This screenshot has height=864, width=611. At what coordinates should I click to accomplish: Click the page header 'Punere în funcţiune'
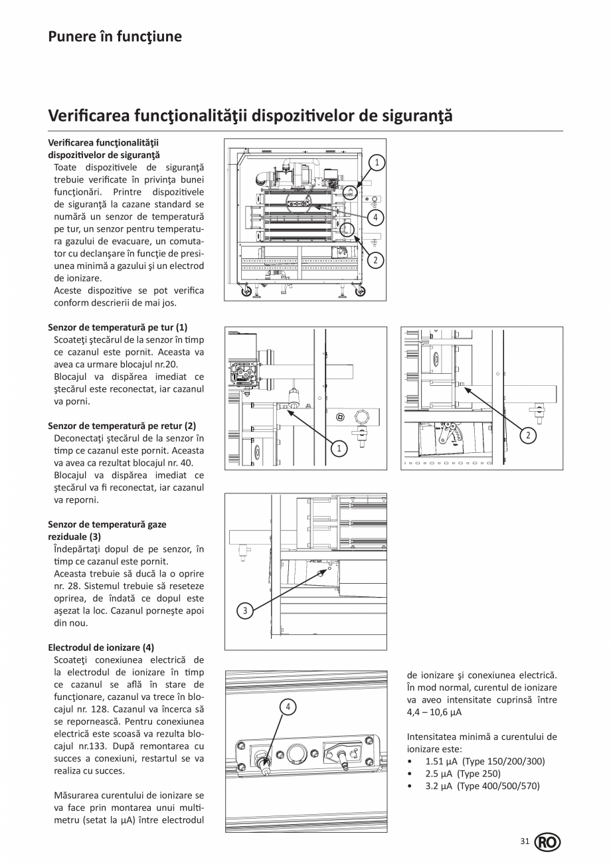tap(115, 36)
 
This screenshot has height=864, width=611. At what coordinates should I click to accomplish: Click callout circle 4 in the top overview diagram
tap(376, 217)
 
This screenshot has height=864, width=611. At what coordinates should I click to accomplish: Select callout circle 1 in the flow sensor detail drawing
tap(339, 449)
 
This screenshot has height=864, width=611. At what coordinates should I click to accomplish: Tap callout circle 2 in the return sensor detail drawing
tap(527, 435)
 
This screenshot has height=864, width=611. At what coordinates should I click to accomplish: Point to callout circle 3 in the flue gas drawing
tap(245, 611)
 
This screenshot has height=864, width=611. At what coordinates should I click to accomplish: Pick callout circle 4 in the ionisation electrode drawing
tap(288, 707)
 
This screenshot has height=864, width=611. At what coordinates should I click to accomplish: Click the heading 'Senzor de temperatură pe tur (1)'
tap(118, 327)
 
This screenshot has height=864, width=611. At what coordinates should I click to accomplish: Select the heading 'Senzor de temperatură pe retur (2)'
tap(122, 426)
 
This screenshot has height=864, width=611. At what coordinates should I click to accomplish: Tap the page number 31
tap(525, 841)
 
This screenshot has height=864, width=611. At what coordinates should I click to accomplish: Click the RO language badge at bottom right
tap(547, 842)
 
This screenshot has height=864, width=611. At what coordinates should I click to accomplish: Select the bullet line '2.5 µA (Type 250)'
tap(463, 774)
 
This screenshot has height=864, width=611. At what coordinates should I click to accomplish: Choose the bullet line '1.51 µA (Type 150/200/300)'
tap(485, 761)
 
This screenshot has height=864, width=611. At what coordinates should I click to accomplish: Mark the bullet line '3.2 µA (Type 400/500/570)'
tap(482, 786)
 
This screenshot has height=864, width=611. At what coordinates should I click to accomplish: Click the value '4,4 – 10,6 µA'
tap(434, 712)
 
